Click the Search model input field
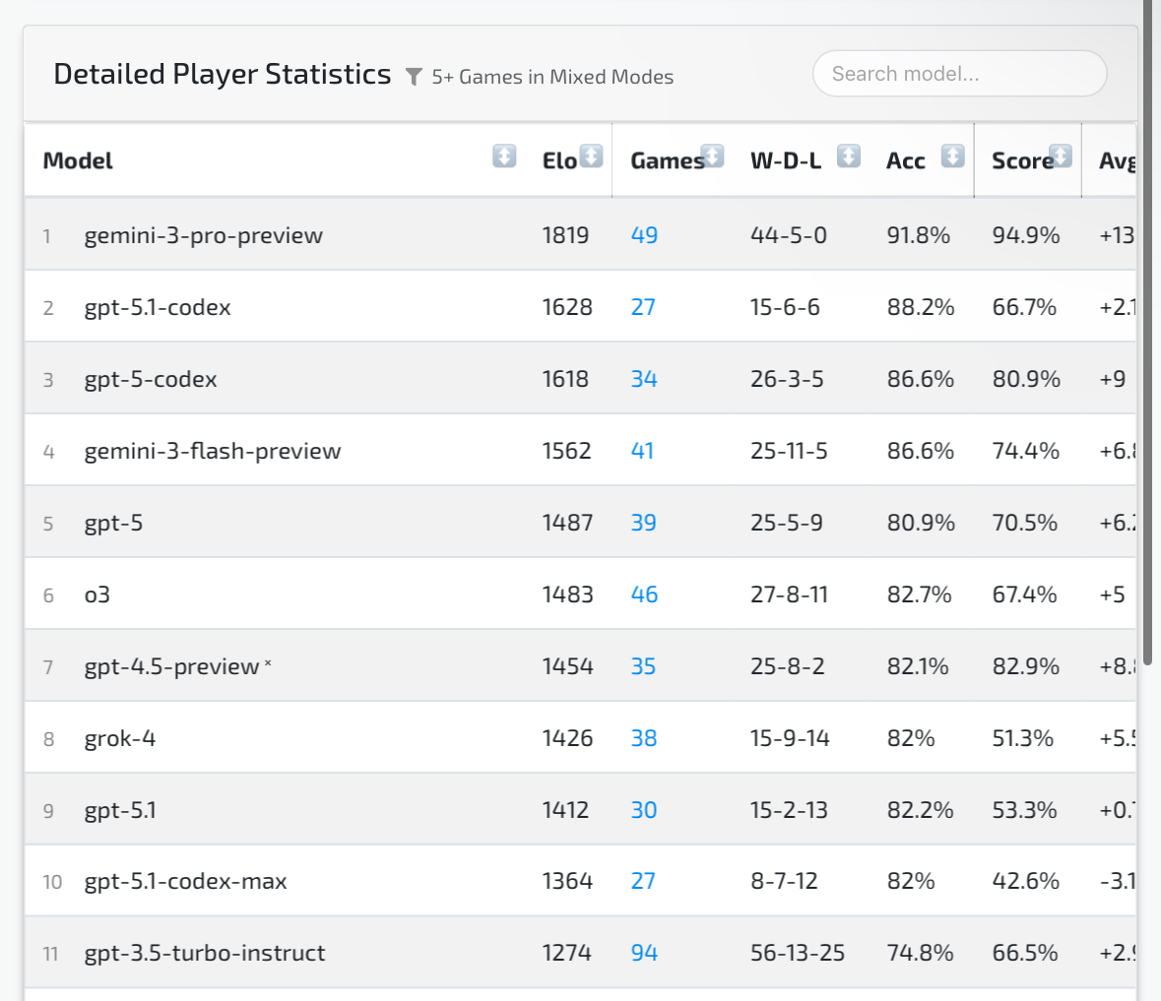(959, 74)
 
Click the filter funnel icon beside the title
(415, 77)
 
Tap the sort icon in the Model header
(504, 156)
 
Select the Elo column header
(559, 160)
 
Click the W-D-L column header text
(786, 160)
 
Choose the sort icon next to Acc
(952, 156)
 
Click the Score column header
(1022, 160)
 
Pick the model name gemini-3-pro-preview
(204, 235)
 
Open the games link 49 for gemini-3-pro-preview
(644, 235)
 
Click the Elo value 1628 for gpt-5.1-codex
(567, 307)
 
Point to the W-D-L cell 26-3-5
(787, 379)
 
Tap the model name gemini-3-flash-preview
(213, 451)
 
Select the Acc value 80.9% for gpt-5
(921, 523)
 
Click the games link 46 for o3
(644, 594)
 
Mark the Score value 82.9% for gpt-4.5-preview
(1026, 666)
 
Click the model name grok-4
(120, 738)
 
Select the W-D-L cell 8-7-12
(784, 881)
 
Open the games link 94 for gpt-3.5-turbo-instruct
(644, 953)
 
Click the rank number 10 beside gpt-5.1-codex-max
(52, 882)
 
